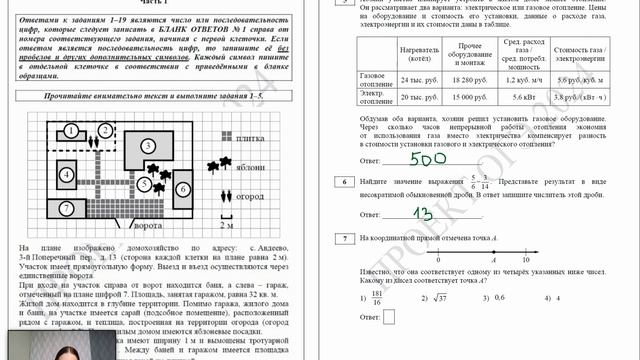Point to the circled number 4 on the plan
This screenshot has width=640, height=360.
66,175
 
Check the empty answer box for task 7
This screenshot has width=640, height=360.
388,316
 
